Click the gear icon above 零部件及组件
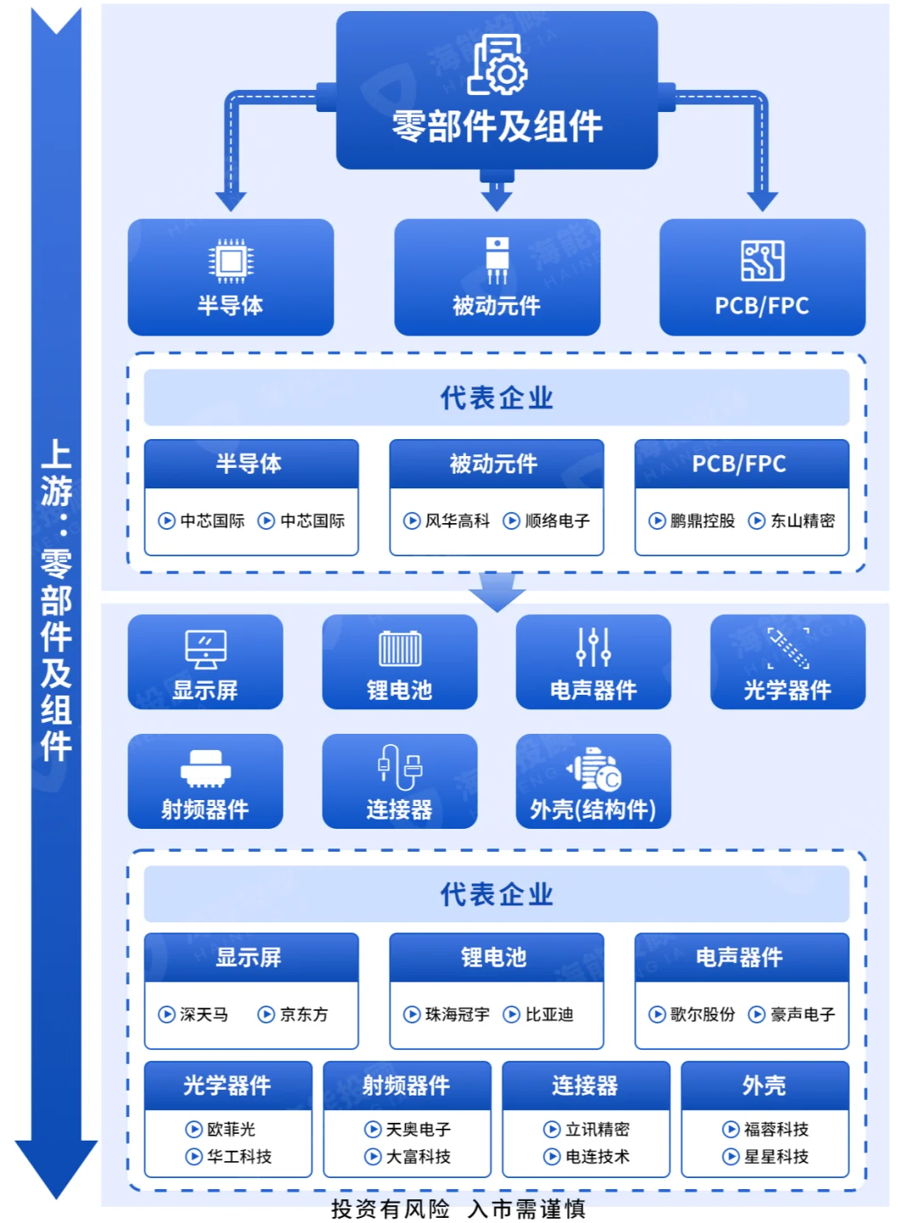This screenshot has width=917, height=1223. click(498, 65)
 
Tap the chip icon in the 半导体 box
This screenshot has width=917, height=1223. click(230, 260)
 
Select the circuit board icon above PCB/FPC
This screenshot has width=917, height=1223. click(762, 260)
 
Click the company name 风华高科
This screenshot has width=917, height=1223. click(457, 521)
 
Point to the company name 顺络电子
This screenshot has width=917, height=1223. click(557, 521)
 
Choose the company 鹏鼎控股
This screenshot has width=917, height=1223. click(702, 521)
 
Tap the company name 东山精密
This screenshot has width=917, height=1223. click(802, 521)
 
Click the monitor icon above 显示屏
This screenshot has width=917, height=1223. click(205, 650)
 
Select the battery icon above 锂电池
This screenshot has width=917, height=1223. click(400, 649)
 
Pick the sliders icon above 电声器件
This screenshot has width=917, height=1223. click(594, 647)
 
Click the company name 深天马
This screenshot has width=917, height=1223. click(204, 1014)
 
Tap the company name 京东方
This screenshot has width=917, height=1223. click(304, 1014)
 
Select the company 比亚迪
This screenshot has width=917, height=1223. click(549, 1014)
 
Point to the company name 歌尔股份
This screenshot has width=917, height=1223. click(702, 1014)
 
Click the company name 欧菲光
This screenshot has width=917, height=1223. click(231, 1129)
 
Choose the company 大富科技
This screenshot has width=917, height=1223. click(419, 1156)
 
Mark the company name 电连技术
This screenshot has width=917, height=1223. click(598, 1156)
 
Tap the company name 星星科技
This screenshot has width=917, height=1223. click(776, 1156)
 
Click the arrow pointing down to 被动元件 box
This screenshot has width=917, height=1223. click(497, 196)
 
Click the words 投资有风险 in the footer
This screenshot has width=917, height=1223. click(391, 1209)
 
